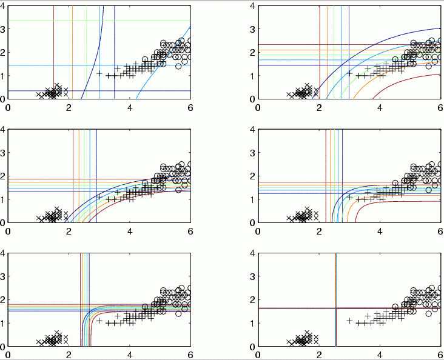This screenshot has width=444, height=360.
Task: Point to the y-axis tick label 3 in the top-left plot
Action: pyautogui.click(x=3, y=29)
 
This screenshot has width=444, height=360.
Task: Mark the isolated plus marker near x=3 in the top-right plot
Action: pyautogui.click(x=349, y=73)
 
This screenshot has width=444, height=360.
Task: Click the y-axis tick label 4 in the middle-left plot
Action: pyautogui.click(x=3, y=130)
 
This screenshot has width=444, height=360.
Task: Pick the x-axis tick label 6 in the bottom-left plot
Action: pyautogui.click(x=190, y=355)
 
